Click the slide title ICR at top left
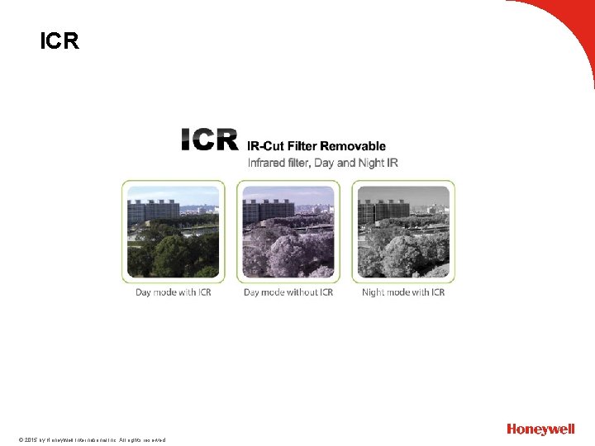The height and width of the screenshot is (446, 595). point(59,41)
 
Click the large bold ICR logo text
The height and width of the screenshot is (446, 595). point(210,140)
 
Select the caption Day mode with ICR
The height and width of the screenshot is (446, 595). point(174,292)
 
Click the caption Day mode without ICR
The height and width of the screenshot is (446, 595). point(288,292)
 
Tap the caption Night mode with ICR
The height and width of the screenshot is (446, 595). point(403,292)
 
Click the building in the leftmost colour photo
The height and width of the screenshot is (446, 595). point(153,211)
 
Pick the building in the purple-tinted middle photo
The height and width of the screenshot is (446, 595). point(268,211)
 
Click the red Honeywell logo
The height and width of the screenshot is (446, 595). point(540,429)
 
